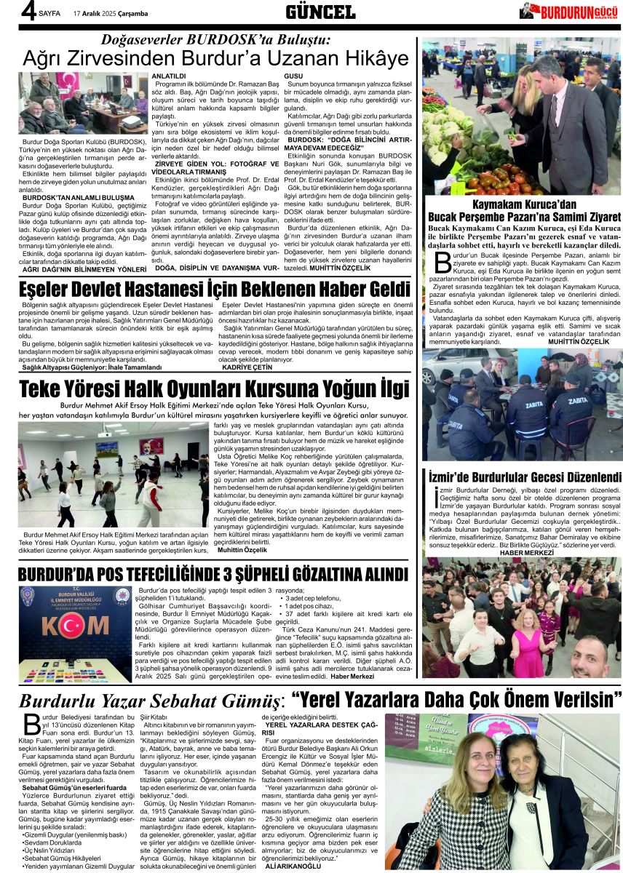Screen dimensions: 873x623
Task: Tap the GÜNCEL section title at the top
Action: [x=320, y=12]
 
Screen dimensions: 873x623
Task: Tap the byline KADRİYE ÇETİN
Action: [x=247, y=368]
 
